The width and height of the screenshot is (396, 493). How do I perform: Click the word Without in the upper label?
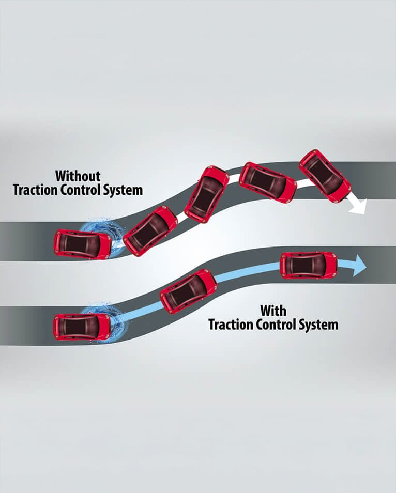pyautogui.click(x=78, y=176)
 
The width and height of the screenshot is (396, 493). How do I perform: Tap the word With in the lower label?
pyautogui.click(x=273, y=311)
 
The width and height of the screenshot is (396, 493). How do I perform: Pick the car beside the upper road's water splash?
pyautogui.click(x=82, y=244)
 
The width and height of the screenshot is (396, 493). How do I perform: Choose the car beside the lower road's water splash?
pyautogui.click(x=82, y=327)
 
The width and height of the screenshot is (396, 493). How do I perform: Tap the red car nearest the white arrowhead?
pyautogui.click(x=325, y=176)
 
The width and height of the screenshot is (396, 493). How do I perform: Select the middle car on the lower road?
pyautogui.click(x=188, y=292)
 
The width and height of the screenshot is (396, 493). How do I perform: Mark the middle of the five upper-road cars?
pyautogui.click(x=206, y=194)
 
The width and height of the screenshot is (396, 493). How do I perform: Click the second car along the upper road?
pyautogui.click(x=150, y=230)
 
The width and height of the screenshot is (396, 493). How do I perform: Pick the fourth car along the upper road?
pyautogui.click(x=268, y=182)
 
